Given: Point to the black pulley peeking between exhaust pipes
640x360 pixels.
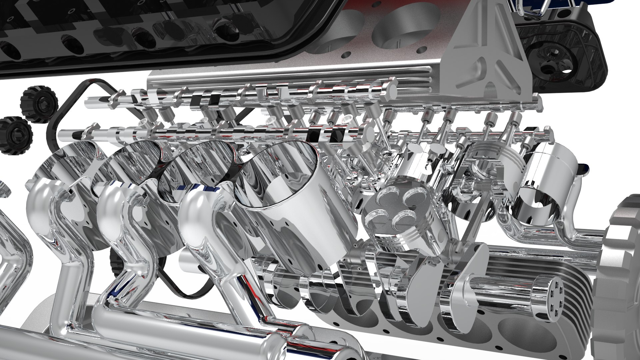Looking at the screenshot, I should click(115, 263).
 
